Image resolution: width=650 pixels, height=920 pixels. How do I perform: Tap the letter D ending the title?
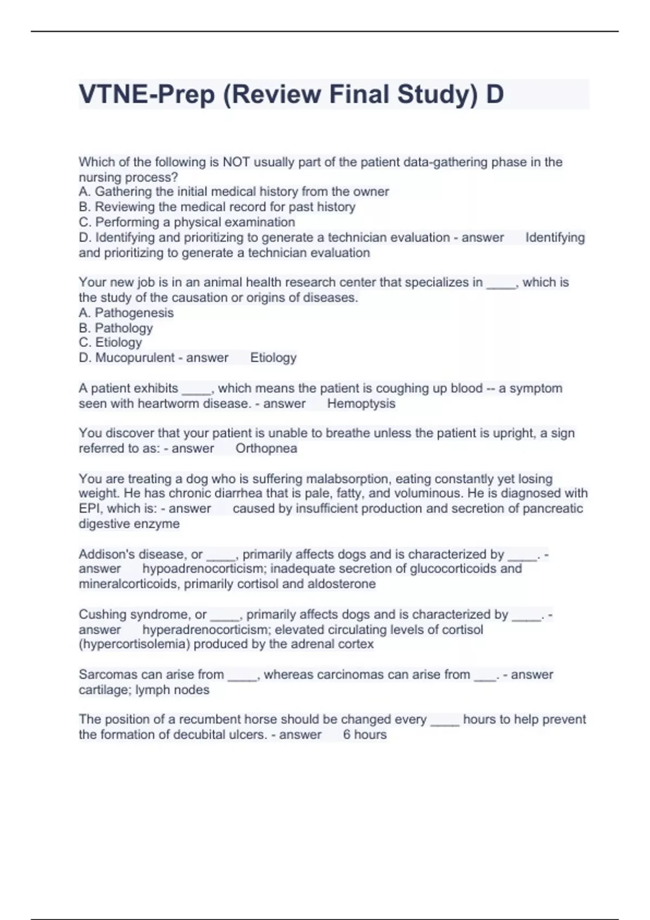[x=495, y=94]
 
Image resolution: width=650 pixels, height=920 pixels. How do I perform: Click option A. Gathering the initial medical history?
[x=233, y=192]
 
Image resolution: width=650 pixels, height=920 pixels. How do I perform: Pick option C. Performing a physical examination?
[x=187, y=222]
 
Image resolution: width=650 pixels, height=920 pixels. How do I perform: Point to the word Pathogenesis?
[x=134, y=313]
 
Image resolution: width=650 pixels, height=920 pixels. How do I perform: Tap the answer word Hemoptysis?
[x=361, y=404]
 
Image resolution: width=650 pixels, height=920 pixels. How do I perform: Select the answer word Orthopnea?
[x=266, y=448]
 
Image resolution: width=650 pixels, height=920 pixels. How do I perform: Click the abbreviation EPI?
[x=90, y=509]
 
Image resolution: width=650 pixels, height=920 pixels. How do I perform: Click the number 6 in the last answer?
[x=347, y=735]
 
